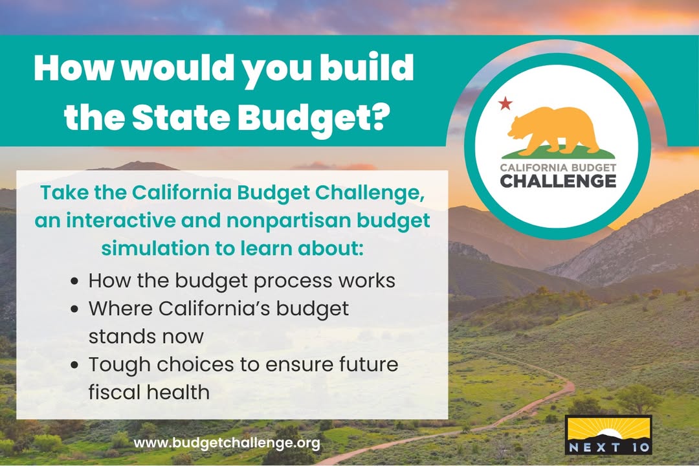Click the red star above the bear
click(x=505, y=104)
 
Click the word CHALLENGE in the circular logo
click(x=558, y=181)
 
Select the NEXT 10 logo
click(x=608, y=435)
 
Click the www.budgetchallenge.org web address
click(x=227, y=443)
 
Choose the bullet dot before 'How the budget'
click(x=74, y=282)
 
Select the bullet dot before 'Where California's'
click(x=74, y=309)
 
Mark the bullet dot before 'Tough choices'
click(x=74, y=365)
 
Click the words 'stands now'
click(x=146, y=337)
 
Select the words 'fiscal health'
click(x=149, y=392)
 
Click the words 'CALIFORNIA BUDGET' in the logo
click(x=558, y=168)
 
